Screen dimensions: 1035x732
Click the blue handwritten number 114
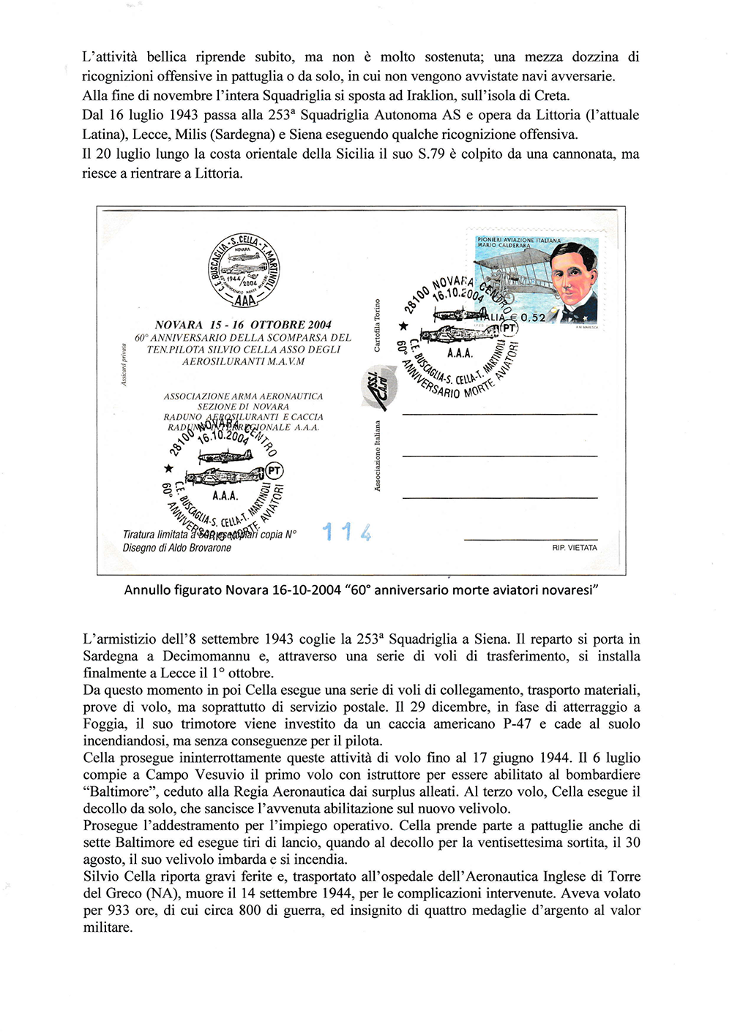pos(347,532)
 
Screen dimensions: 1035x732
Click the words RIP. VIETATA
pos(574,548)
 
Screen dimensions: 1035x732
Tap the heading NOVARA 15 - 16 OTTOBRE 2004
pos(243,325)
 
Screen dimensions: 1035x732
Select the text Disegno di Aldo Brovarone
pos(176,548)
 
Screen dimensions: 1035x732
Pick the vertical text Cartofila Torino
pos(377,325)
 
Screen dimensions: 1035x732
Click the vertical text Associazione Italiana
pos(377,456)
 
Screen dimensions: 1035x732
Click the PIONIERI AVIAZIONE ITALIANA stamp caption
pos(518,240)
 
